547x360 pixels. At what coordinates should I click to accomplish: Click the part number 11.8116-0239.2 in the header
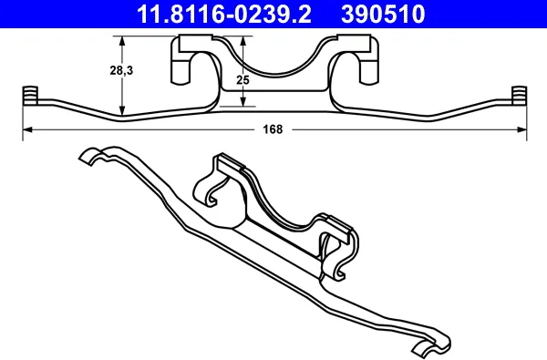[x=224, y=14]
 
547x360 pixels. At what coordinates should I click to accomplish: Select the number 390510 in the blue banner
[x=383, y=14]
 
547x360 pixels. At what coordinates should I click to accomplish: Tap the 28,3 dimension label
[x=121, y=71]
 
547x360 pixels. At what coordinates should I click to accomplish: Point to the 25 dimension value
[x=243, y=80]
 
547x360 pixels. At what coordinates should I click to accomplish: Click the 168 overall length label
[x=273, y=129]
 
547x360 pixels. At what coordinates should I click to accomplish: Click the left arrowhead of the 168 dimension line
[x=27, y=129]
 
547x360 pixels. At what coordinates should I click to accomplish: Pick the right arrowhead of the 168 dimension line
[x=522, y=129]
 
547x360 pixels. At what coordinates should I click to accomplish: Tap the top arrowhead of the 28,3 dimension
[x=122, y=41]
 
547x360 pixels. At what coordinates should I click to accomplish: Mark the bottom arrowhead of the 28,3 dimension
[x=122, y=110]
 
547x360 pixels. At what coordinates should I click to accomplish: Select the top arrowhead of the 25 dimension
[x=243, y=41]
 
